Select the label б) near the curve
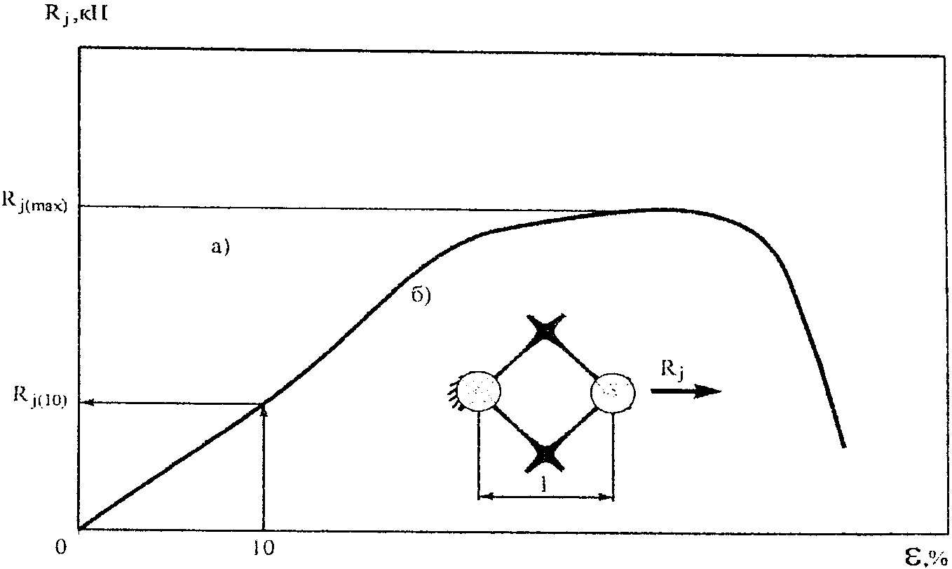tap(420, 295)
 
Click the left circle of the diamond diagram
tap(480, 391)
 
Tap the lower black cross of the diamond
tap(546, 456)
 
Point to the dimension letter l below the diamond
tap(545, 485)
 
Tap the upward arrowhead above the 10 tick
tap(264, 409)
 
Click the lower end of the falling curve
tap(844, 445)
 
